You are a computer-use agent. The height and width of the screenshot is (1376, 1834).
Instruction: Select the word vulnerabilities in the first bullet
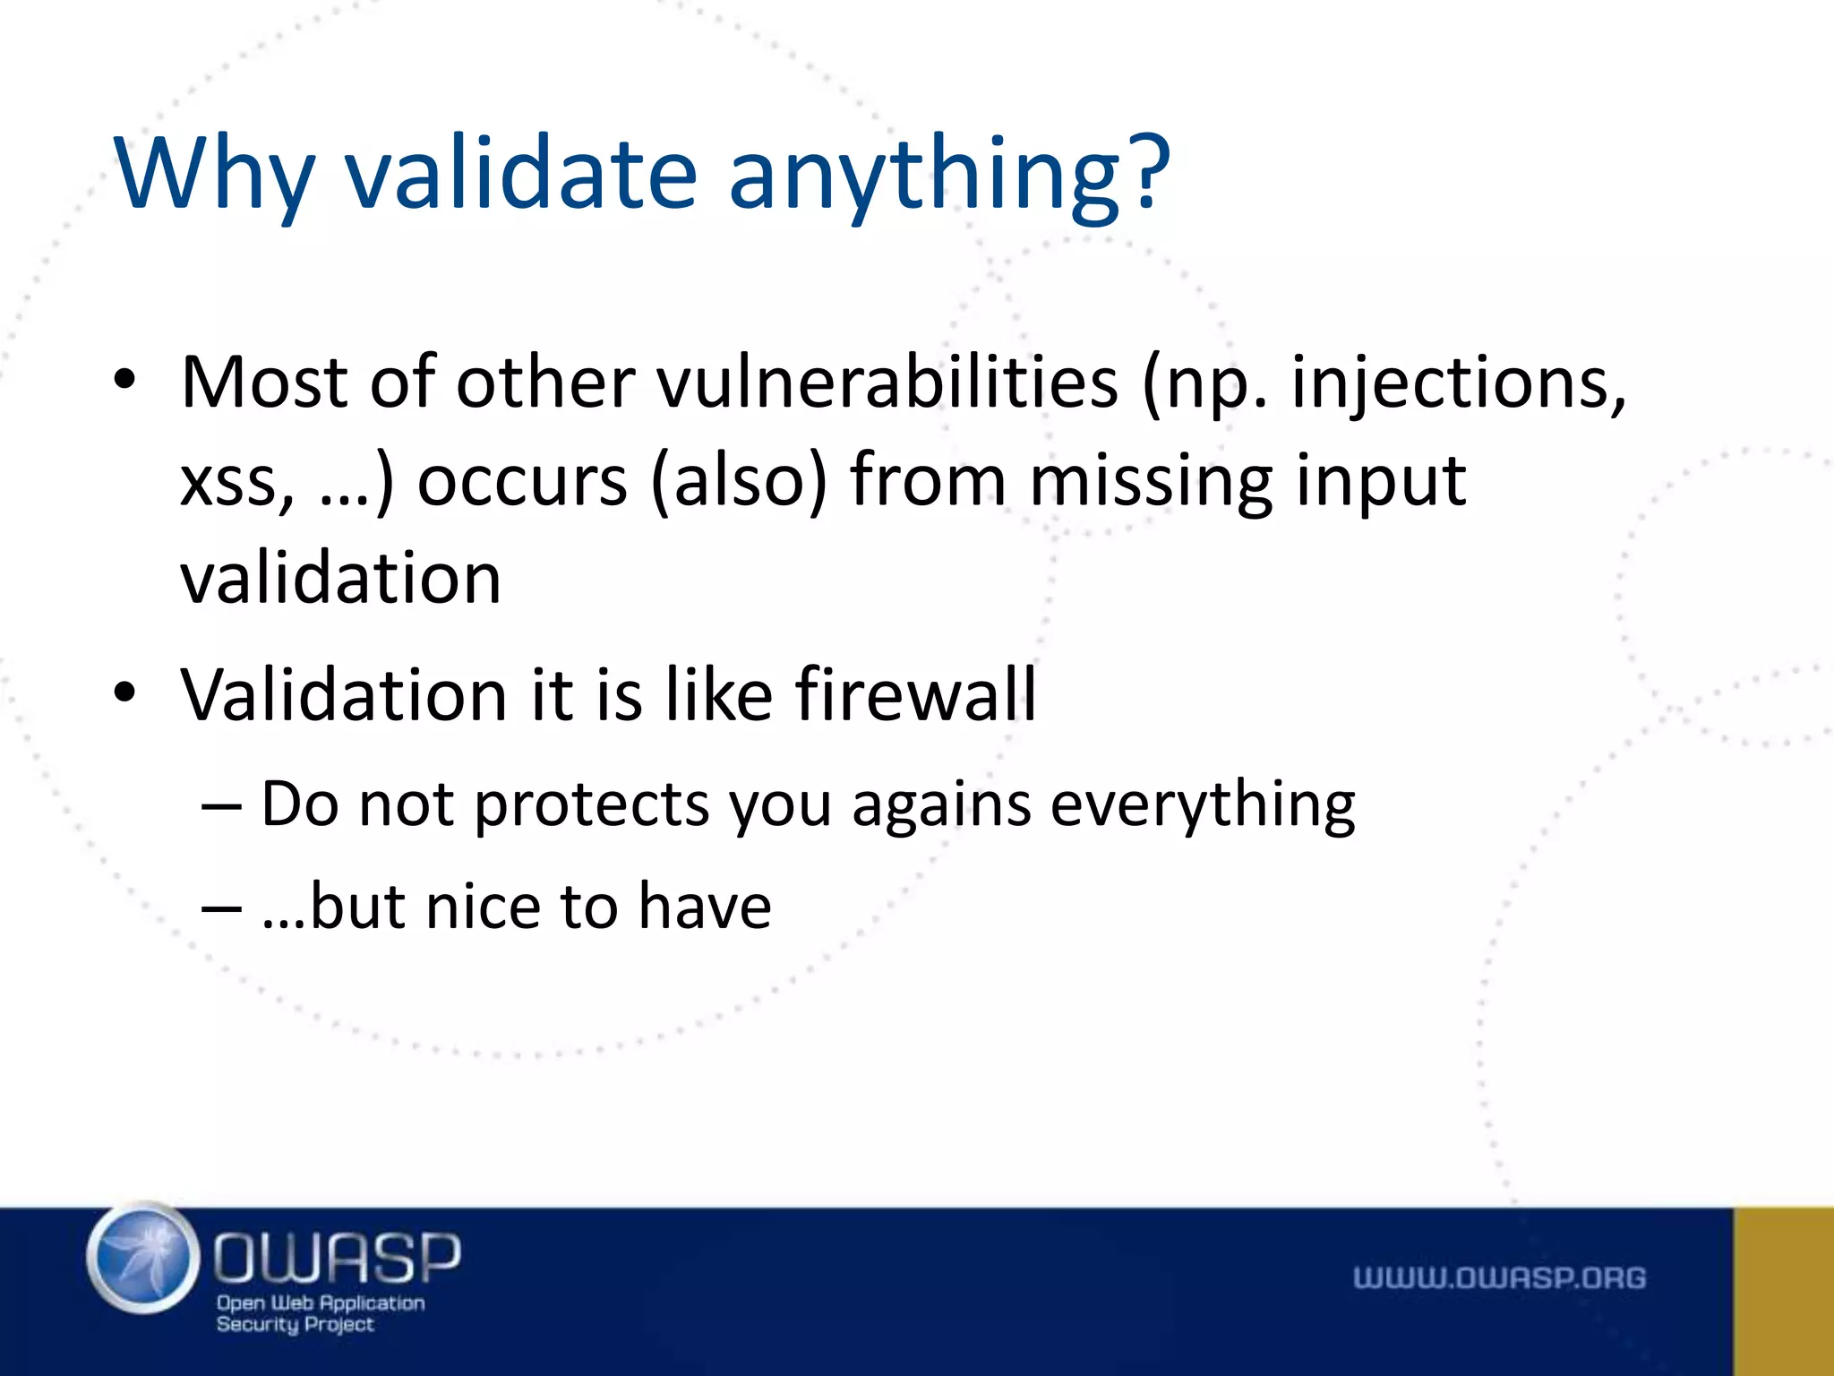click(x=887, y=383)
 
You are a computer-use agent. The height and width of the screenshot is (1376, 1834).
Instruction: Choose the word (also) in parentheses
click(x=739, y=481)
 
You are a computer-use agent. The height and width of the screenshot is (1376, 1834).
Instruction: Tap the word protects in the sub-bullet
click(x=591, y=804)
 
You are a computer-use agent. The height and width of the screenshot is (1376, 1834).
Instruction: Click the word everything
click(x=1203, y=804)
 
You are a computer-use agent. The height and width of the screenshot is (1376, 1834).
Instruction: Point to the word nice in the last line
click(x=483, y=907)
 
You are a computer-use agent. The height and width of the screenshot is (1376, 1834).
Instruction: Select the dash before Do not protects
click(x=221, y=805)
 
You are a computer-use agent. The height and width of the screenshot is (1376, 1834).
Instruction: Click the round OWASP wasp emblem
click(x=144, y=1259)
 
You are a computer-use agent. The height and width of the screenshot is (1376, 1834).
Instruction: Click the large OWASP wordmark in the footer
click(x=337, y=1256)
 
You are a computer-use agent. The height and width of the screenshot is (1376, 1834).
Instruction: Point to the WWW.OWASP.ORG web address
click(x=1499, y=1277)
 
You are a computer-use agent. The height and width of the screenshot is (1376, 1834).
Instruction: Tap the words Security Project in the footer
click(x=295, y=1324)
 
